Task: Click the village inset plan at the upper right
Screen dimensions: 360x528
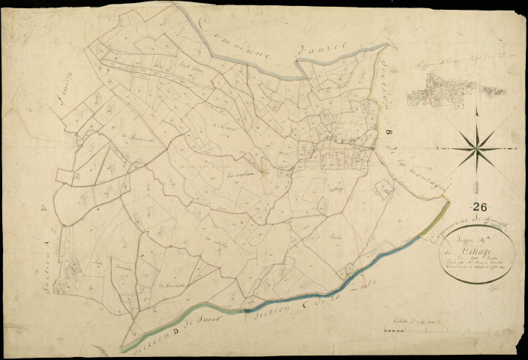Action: coord(456,95)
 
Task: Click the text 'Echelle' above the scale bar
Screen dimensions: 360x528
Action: coord(400,321)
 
